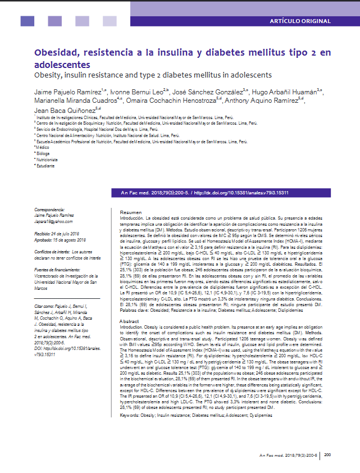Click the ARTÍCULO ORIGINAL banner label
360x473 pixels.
tap(300, 21)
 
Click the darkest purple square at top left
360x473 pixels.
tap(27, 21)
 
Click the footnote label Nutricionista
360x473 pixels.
tap(48, 160)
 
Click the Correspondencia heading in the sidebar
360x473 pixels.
tap(52, 209)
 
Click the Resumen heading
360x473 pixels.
tap(131, 212)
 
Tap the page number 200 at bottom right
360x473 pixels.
tap(329, 454)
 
